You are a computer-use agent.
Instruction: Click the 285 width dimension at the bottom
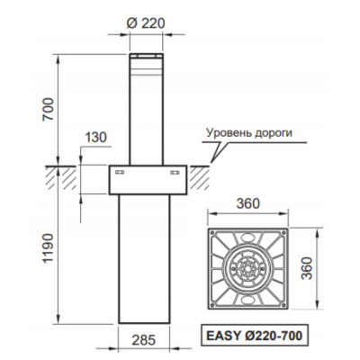pyautogui.click(x=144, y=341)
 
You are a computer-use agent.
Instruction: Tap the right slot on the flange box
pyautogui.click(x=173, y=171)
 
